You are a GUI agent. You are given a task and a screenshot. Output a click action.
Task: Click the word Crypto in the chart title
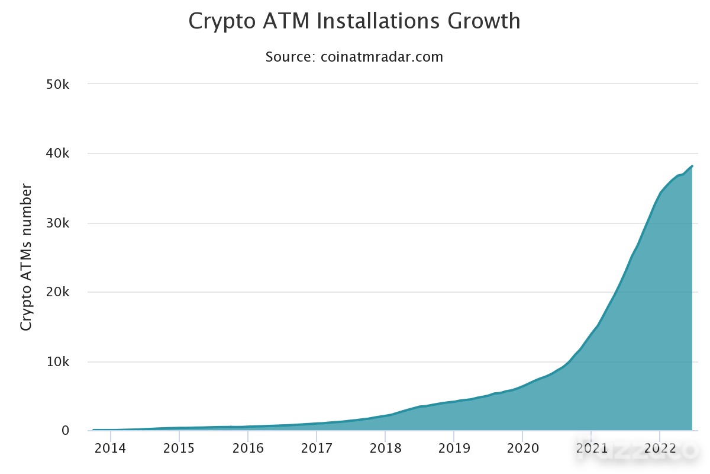tap(222, 21)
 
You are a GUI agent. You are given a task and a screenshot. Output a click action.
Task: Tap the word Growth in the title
tap(484, 21)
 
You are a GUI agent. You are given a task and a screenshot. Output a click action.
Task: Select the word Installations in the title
tap(378, 21)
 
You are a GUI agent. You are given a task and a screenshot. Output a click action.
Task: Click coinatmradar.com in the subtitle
tap(382, 57)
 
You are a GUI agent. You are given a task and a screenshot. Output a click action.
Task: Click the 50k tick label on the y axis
tap(57, 85)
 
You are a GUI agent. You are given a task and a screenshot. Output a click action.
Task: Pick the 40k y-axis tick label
tap(57, 153)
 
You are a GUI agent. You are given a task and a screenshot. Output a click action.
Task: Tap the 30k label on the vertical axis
tap(57, 223)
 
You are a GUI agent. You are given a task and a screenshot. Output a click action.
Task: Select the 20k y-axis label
tap(57, 292)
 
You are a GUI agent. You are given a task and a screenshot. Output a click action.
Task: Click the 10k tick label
tap(58, 361)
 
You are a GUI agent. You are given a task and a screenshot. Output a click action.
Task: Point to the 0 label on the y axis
tap(65, 431)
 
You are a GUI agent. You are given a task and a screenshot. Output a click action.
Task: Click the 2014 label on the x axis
tap(110, 449)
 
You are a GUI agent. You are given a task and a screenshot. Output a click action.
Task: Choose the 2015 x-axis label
tap(179, 449)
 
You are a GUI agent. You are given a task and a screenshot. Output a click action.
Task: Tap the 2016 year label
tap(247, 449)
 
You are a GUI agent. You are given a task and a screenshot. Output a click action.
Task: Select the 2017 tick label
tap(317, 449)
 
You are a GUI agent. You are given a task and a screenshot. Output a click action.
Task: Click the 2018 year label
tap(385, 449)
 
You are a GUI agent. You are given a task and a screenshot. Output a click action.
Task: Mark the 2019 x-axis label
tap(454, 449)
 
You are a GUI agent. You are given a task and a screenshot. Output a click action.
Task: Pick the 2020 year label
tap(522, 449)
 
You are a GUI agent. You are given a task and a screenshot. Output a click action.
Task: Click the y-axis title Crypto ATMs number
tap(26, 257)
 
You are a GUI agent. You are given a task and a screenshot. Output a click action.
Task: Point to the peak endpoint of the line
tap(692, 166)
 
